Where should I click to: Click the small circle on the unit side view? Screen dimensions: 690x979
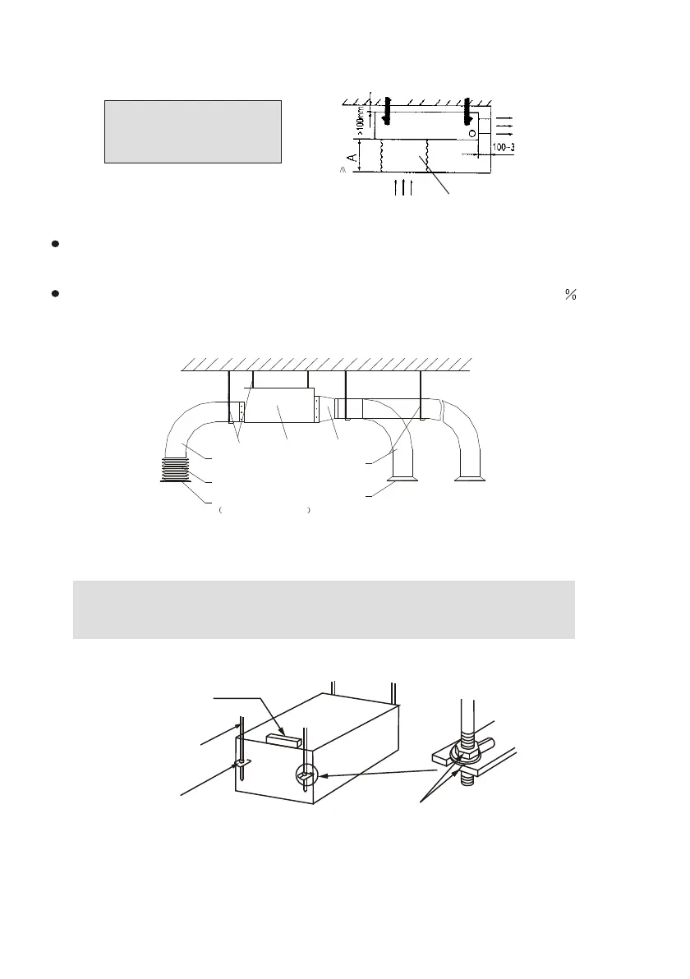pos(471,132)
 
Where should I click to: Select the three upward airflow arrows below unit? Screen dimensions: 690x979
pos(402,186)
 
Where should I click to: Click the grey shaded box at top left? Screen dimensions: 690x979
pos(193,131)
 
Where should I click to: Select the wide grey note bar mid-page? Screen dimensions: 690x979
pos(324,609)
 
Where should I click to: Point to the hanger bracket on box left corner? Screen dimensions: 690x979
pos(243,763)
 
